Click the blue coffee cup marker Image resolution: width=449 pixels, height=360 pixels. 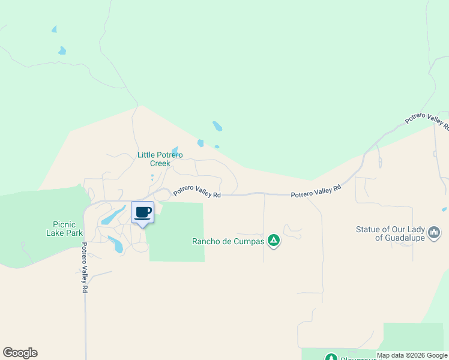pos(143,213)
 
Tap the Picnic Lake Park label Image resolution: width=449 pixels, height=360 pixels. pos(64,229)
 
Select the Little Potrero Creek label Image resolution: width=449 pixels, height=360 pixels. pos(160,159)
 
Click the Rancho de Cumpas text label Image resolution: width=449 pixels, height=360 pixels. pos(228,242)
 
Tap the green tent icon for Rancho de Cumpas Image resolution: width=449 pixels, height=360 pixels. pos(274,241)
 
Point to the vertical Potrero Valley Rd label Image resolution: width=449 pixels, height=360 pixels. pos(85,267)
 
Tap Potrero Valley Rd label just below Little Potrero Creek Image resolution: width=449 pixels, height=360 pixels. pos(197,191)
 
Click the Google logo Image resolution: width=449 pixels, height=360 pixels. pos(20,353)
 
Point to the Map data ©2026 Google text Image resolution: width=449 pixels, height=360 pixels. pos(412,356)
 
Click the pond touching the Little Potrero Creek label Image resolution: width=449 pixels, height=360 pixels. pos(175,150)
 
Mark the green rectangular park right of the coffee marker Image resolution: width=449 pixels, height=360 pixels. pos(178,232)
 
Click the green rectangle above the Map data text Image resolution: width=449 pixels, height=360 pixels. pos(413,336)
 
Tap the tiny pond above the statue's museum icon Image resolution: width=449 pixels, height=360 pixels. pos(444,209)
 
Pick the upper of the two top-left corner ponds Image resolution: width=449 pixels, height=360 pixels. pos(54,29)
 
